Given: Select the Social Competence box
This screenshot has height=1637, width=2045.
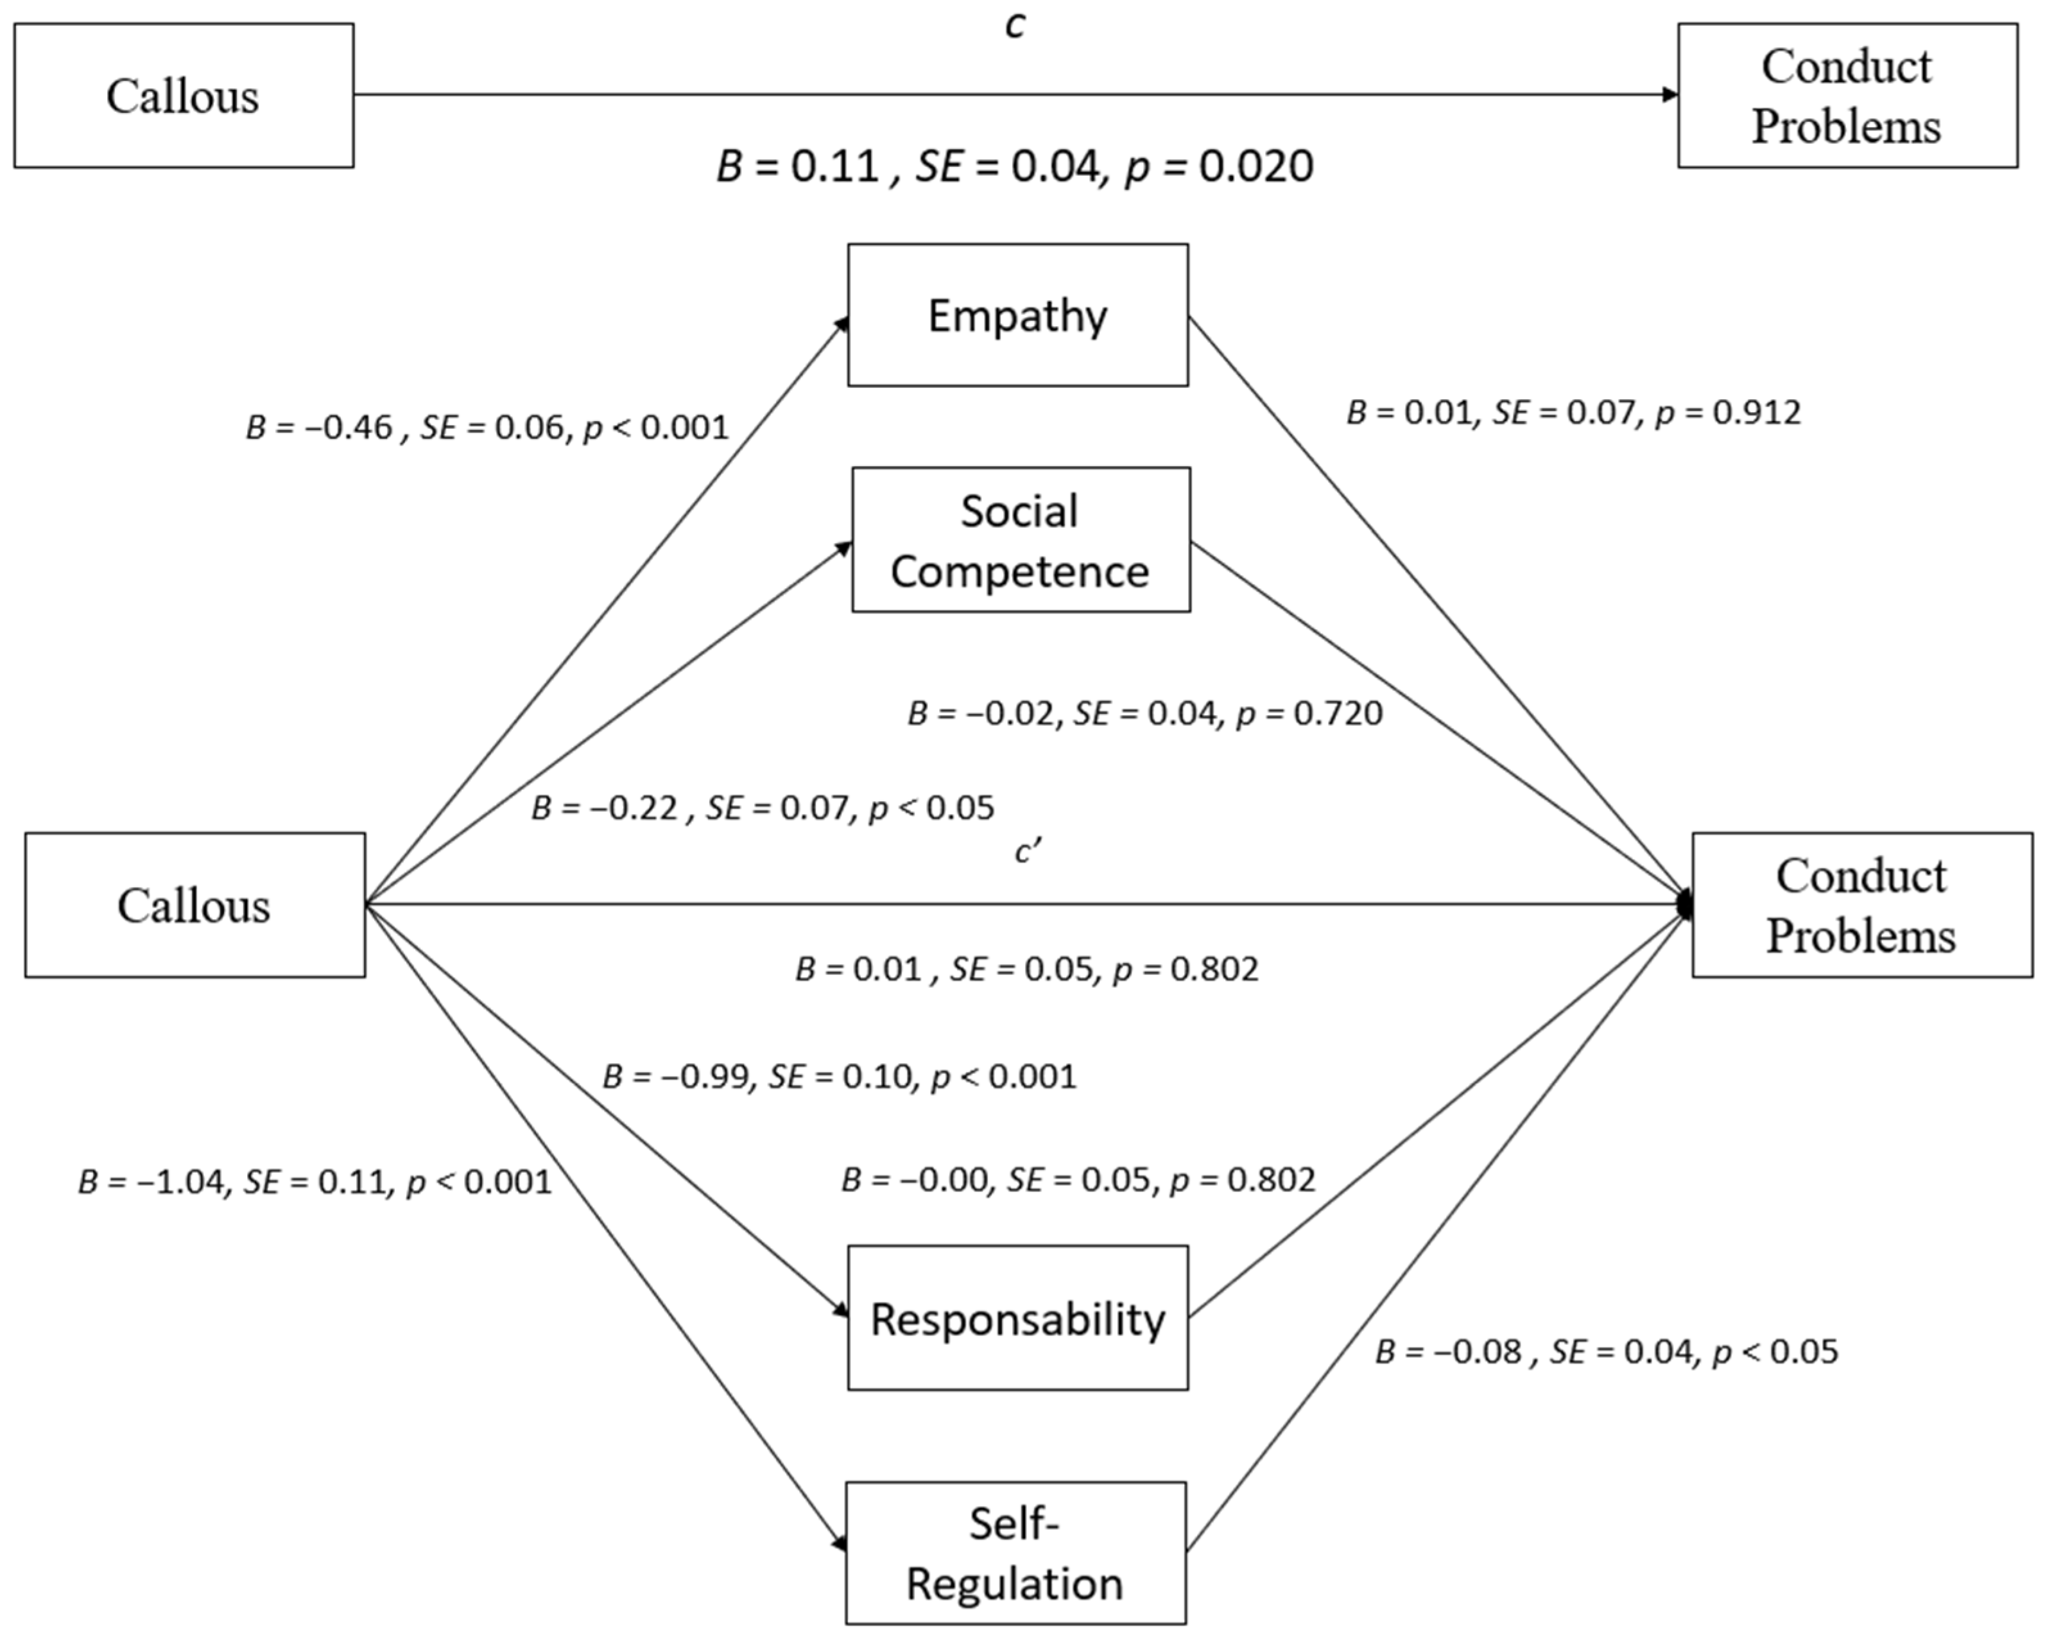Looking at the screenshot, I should pos(1021,540).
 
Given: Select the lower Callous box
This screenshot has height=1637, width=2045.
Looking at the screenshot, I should pos(194,905).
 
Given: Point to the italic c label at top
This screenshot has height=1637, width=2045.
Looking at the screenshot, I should pos(1014,26).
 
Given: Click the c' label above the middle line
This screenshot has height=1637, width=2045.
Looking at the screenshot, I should pos(1027,852).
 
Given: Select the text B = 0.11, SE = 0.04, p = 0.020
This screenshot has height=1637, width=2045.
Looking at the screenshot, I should pos(1014,166).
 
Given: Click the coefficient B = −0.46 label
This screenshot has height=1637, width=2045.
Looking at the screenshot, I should pos(487,428).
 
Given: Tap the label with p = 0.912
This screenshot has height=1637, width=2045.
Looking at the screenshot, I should pos(1573,413).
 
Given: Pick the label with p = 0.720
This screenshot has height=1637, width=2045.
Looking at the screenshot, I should pos(1144,713).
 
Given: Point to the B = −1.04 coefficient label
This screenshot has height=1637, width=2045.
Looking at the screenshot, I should pos(314,1182).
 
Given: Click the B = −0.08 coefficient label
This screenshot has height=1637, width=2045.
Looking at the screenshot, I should pos(1606,1351).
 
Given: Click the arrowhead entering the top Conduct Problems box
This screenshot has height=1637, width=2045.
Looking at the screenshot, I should pos(1670,95).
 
